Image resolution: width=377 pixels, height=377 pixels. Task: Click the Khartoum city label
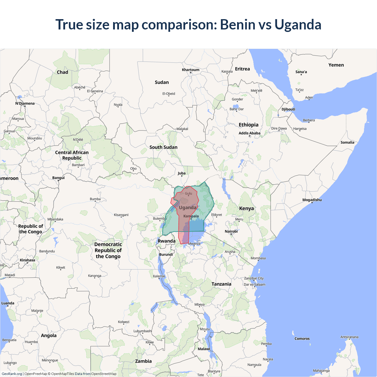pyautogui.click(x=191, y=70)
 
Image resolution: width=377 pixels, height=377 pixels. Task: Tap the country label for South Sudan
pyautogui.click(x=163, y=147)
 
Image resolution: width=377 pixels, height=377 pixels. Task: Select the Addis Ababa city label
pyautogui.click(x=249, y=133)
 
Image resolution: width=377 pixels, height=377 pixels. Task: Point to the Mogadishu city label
pyautogui.click(x=312, y=200)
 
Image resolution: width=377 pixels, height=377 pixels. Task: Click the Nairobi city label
pyautogui.click(x=231, y=232)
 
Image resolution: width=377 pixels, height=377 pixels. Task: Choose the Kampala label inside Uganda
pyautogui.click(x=191, y=216)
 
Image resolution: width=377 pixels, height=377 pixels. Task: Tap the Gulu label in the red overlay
pyautogui.click(x=188, y=194)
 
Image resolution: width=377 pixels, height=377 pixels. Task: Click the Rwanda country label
pyautogui.click(x=166, y=241)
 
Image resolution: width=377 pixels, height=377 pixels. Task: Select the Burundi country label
pyautogui.click(x=166, y=254)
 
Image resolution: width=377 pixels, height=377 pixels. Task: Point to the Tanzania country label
pyautogui.click(x=221, y=284)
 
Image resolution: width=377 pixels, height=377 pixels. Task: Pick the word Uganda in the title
pyautogui.click(x=298, y=24)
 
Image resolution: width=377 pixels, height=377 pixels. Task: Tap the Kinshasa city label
pyautogui.click(x=27, y=260)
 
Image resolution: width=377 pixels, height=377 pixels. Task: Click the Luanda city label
pyautogui.click(x=8, y=303)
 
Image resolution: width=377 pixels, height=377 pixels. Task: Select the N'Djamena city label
pyautogui.click(x=25, y=103)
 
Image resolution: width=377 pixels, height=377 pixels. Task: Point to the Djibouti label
pyautogui.click(x=288, y=109)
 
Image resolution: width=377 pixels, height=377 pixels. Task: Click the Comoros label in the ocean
pyautogui.click(x=302, y=339)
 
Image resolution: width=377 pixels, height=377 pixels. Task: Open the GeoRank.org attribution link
pyautogui.click(x=12, y=374)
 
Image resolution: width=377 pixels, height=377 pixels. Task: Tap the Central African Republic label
pyautogui.click(x=72, y=155)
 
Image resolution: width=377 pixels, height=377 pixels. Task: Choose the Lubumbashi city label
pyautogui.click(x=143, y=331)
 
